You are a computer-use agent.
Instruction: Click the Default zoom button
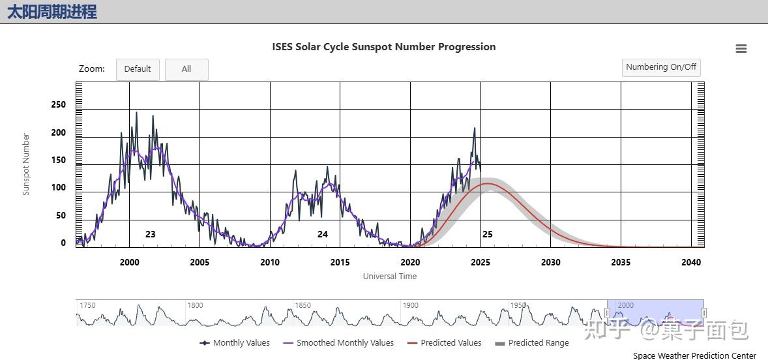138,69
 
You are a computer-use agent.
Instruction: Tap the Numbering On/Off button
661,67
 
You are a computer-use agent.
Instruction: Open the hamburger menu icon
741,49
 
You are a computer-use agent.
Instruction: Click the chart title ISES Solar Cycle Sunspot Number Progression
384,47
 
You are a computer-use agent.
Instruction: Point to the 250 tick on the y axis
59,104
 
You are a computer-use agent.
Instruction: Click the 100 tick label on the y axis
59,188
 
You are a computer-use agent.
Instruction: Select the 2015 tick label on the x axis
340,262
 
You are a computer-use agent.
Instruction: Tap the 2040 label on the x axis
691,262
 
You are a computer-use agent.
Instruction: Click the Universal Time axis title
390,277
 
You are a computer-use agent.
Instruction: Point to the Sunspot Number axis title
27,164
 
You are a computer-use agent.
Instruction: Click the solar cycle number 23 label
150,234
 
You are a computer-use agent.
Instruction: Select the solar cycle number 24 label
323,234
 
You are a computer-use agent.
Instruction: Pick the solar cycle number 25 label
487,234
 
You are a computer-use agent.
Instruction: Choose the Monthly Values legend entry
241,343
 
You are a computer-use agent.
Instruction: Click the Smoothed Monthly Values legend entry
345,343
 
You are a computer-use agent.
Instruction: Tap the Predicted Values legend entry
450,343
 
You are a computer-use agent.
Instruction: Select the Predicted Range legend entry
538,343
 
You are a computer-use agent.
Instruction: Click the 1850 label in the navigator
303,305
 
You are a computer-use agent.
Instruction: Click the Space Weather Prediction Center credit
694,356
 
